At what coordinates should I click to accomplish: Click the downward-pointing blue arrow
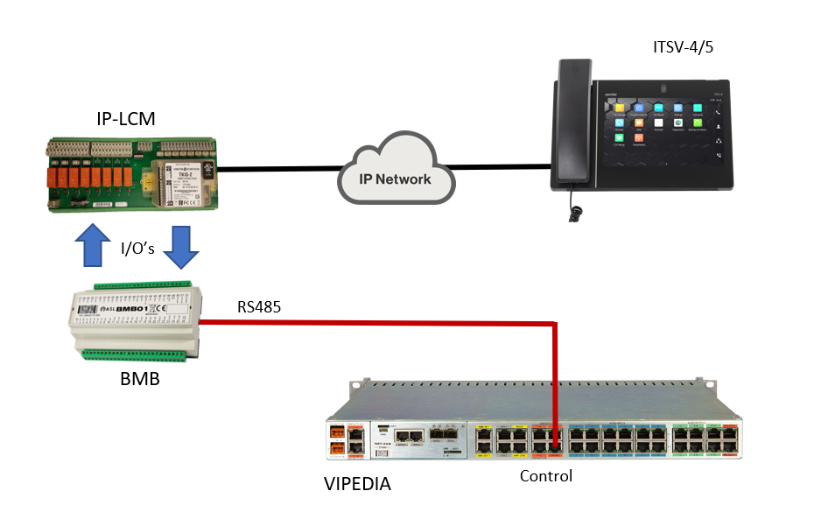coord(182,248)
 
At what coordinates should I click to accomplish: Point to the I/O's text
coord(137,249)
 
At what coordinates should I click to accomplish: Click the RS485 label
coord(260,307)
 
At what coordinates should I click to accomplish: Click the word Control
coord(545,476)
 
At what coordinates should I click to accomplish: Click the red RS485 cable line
coord(376,324)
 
